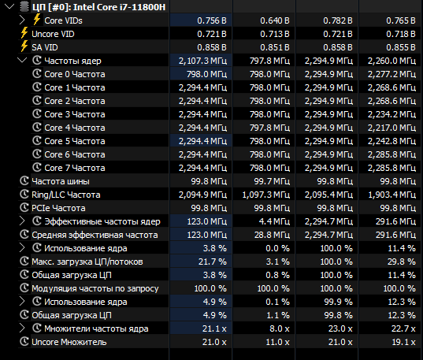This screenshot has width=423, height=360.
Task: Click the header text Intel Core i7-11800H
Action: tap(119, 7)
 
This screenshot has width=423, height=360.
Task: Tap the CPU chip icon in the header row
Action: tap(24, 7)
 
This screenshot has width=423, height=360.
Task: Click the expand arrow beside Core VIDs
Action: tap(22, 20)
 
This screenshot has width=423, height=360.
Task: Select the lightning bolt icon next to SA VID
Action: tap(24, 46)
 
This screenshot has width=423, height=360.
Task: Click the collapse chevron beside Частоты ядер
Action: tap(22, 60)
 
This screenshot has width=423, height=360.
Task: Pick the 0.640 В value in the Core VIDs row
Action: tap(275, 20)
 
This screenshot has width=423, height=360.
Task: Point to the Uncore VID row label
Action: tap(53, 34)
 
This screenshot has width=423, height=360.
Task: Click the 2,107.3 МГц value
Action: tap(202, 61)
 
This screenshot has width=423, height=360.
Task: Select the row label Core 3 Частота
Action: tap(75, 114)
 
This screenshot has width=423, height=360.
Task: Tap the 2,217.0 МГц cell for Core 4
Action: tap(391, 128)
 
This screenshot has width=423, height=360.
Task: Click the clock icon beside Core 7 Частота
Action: tap(37, 167)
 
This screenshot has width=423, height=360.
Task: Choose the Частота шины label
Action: tap(61, 181)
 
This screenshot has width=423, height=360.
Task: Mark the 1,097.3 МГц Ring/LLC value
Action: tap(266, 195)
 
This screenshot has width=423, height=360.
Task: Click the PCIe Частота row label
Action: tap(58, 208)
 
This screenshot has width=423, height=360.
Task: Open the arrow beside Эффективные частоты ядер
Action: tap(22, 221)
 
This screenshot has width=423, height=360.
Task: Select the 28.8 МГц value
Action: tap(272, 235)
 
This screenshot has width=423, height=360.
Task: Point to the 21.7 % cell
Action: tap(213, 262)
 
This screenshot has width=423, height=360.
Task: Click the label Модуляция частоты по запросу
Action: tap(95, 288)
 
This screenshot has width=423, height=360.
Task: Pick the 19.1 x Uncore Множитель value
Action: tap(403, 342)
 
